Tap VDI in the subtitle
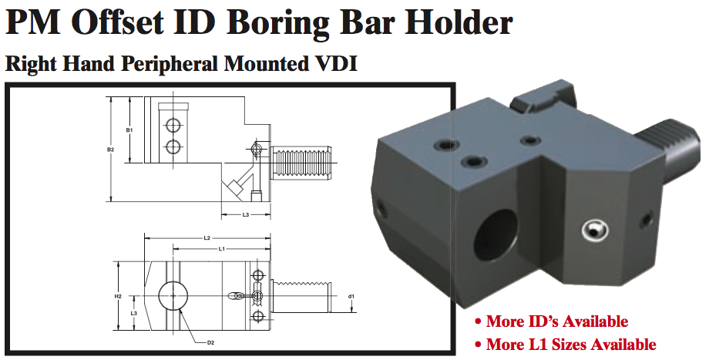(x=335, y=63)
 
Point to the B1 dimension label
(x=129, y=129)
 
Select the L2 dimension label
(x=207, y=238)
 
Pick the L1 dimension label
(x=221, y=248)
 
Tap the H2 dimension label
(x=118, y=295)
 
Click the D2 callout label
(x=210, y=341)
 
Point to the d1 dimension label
(x=351, y=295)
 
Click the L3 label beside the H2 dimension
(x=133, y=313)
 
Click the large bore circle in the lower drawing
(x=173, y=294)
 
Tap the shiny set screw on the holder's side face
(x=594, y=230)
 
